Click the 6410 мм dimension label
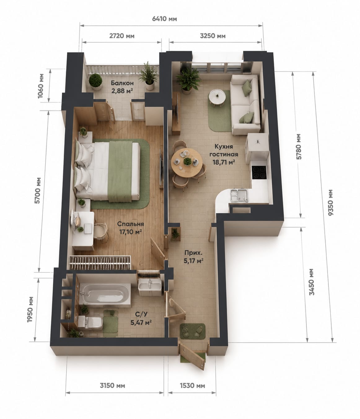click(x=165, y=19)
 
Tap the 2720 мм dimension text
click(x=122, y=36)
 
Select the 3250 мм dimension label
click(x=213, y=36)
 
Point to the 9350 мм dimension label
click(x=331, y=202)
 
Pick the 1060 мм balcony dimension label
click(x=41, y=86)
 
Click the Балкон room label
click(x=122, y=83)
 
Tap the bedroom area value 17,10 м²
click(x=130, y=232)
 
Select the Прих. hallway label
click(x=194, y=253)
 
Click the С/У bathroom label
click(x=142, y=314)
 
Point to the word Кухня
click(x=224, y=146)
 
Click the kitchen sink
click(x=239, y=195)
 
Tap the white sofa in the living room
click(x=245, y=105)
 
